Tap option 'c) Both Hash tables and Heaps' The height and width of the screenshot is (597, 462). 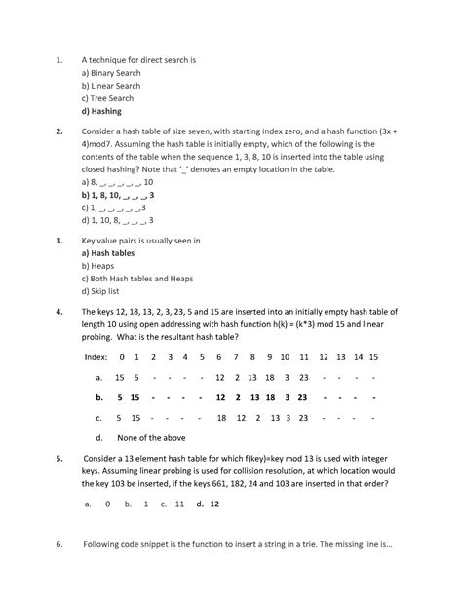[x=138, y=278]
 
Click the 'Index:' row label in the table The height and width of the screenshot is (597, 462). [x=96, y=357]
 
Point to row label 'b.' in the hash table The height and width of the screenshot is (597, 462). [x=99, y=398]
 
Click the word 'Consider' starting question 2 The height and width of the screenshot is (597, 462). [x=100, y=131]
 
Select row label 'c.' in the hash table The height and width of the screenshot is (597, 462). [x=99, y=418]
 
